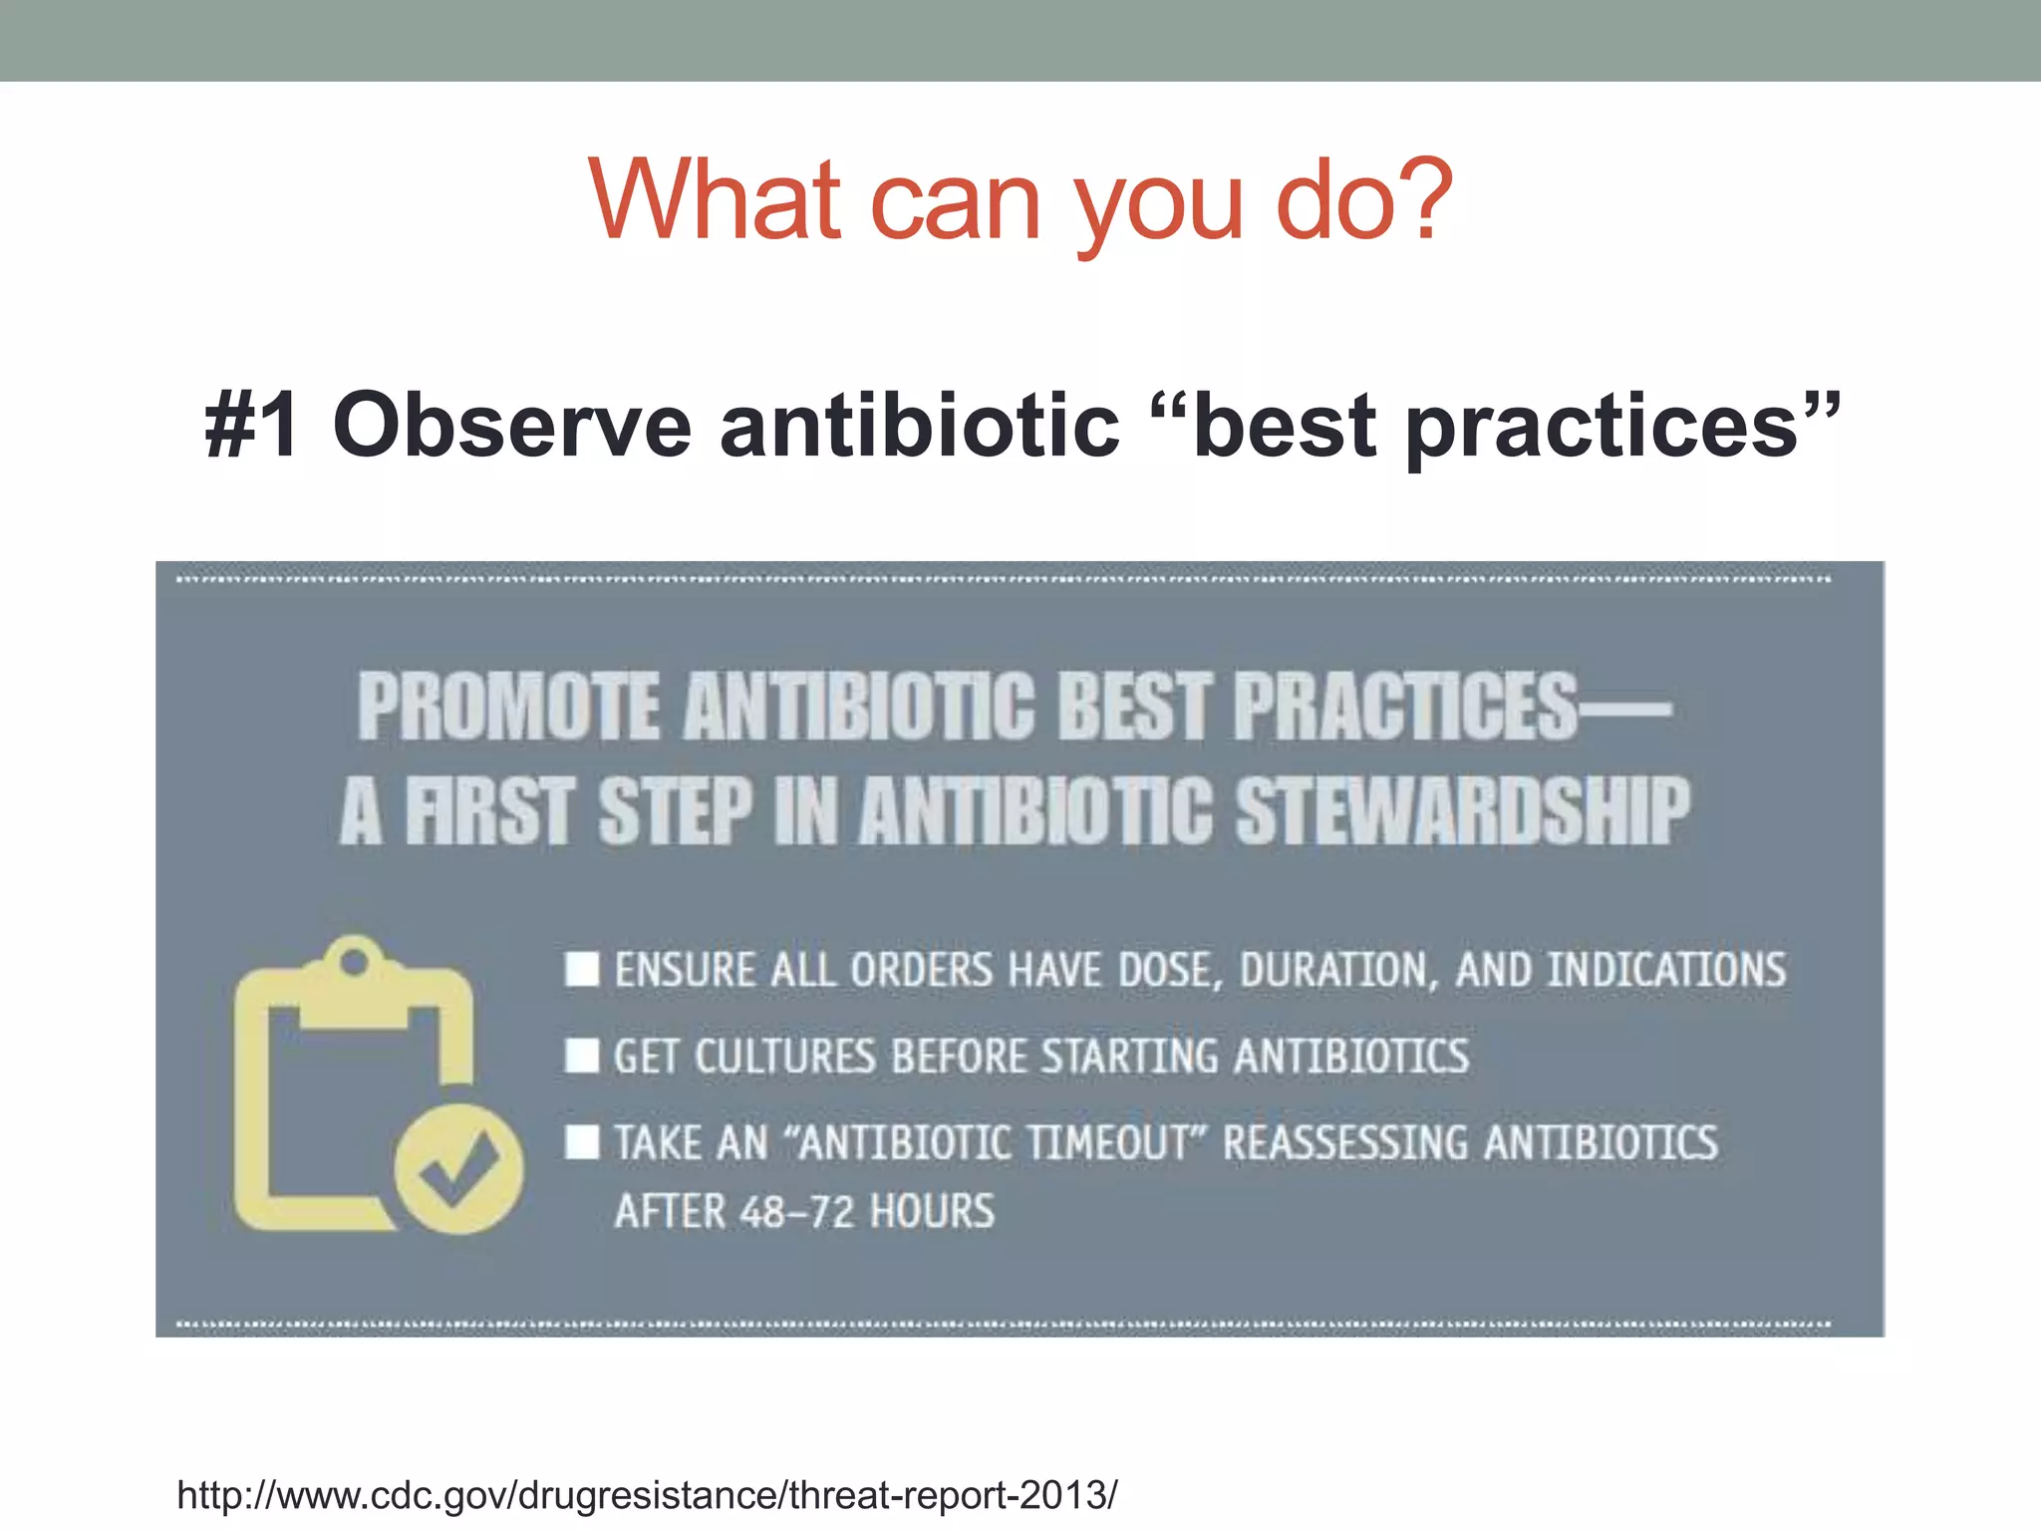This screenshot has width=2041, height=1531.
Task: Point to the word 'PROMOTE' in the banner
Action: point(508,707)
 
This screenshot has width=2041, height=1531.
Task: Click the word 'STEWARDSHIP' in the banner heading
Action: point(1463,811)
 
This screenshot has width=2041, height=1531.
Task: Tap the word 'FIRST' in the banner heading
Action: point(489,811)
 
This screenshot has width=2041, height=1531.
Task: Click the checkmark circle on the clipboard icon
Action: point(458,1169)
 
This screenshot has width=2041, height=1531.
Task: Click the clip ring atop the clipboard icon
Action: point(354,962)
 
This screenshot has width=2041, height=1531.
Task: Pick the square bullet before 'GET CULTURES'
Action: point(582,1056)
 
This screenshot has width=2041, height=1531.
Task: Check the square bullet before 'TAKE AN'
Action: point(582,1142)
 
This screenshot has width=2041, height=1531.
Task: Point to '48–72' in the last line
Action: point(797,1212)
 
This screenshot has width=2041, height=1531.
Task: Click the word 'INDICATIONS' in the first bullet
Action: point(1665,970)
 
